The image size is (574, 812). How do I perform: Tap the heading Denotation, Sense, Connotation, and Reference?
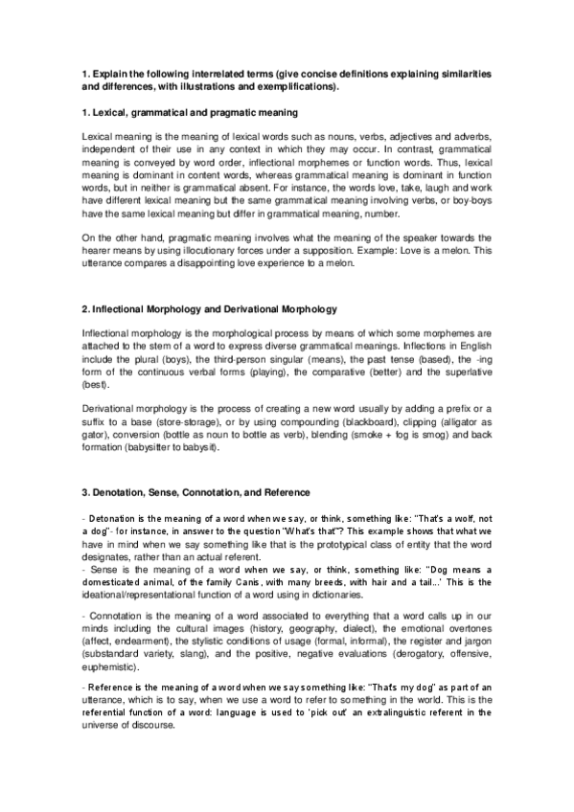coord(196,492)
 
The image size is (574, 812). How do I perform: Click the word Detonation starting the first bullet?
coord(112,518)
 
